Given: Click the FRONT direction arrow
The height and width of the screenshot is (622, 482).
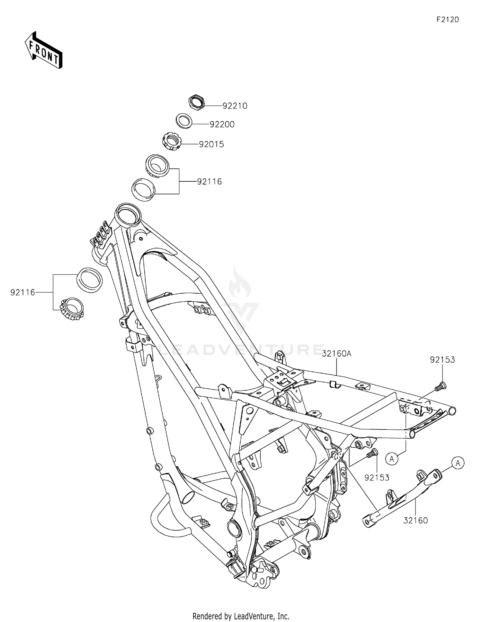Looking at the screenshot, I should (43, 50).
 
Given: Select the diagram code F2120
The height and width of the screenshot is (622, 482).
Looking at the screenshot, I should (447, 20).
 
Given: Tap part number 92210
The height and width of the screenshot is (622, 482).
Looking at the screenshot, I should (235, 106).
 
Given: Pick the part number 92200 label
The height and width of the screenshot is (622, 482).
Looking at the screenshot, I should (222, 125).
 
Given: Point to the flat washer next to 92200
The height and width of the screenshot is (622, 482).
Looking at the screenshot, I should (184, 121).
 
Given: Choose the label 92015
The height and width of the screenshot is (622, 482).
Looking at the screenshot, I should (211, 144).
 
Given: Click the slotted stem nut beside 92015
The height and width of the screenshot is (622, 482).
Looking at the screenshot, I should (172, 141).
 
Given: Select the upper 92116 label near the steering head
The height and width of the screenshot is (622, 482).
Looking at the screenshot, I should (209, 182).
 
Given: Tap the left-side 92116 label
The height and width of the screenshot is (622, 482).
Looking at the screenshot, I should (22, 293).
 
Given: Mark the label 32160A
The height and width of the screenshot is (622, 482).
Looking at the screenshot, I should (336, 354).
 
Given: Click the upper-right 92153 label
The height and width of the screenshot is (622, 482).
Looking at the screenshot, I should (442, 360).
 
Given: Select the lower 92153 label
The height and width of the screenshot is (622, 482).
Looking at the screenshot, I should (377, 478).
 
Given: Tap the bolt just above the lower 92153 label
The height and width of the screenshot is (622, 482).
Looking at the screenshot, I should (373, 454).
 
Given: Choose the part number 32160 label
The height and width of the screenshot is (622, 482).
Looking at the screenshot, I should (415, 520).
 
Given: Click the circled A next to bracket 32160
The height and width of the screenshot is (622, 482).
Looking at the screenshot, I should (458, 463).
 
